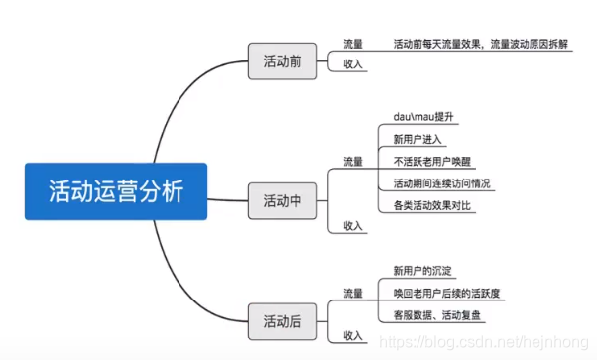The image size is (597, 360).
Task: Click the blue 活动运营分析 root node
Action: coord(116,191)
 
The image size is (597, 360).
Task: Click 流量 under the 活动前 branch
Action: coord(353,44)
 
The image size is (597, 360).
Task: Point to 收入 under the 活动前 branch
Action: coord(353,64)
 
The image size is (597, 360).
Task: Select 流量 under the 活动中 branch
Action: coord(353,161)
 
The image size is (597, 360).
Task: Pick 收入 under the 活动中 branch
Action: coord(353,225)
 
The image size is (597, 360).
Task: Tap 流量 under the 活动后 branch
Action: coord(353,293)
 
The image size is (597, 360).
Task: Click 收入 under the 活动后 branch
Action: coord(353,335)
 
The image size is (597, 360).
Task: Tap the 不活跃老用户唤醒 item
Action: coord(434,162)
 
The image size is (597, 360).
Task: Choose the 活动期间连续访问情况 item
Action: coord(441,183)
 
